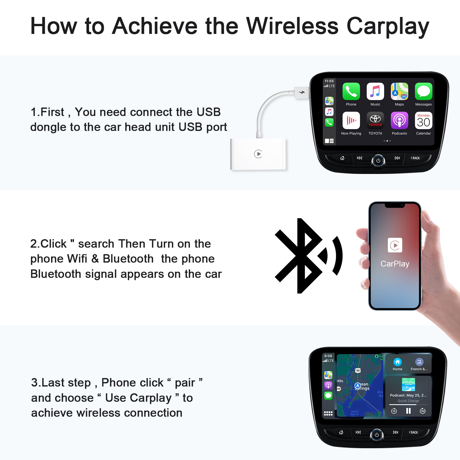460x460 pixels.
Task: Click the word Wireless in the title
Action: [x=292, y=26]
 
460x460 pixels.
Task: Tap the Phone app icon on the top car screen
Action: [x=351, y=91]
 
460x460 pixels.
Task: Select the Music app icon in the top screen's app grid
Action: [x=375, y=91]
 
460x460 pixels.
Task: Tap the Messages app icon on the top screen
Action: [x=423, y=91]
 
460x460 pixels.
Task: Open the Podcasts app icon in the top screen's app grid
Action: [x=399, y=120]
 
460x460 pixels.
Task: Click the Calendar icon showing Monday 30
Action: [x=423, y=120]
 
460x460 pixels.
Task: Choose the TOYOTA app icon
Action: [x=375, y=120]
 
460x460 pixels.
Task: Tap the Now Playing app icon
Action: [x=351, y=120]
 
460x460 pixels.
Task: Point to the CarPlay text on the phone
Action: [x=395, y=264]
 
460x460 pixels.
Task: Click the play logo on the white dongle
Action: [x=258, y=154]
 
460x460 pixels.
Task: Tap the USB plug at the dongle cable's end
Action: [x=301, y=93]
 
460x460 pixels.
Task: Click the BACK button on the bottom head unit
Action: [x=414, y=432]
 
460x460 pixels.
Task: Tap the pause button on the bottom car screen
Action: [x=408, y=411]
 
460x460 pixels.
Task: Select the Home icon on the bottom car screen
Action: [x=397, y=362]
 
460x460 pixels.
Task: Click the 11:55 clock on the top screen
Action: [x=329, y=81]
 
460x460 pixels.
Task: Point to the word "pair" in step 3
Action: [x=185, y=383]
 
